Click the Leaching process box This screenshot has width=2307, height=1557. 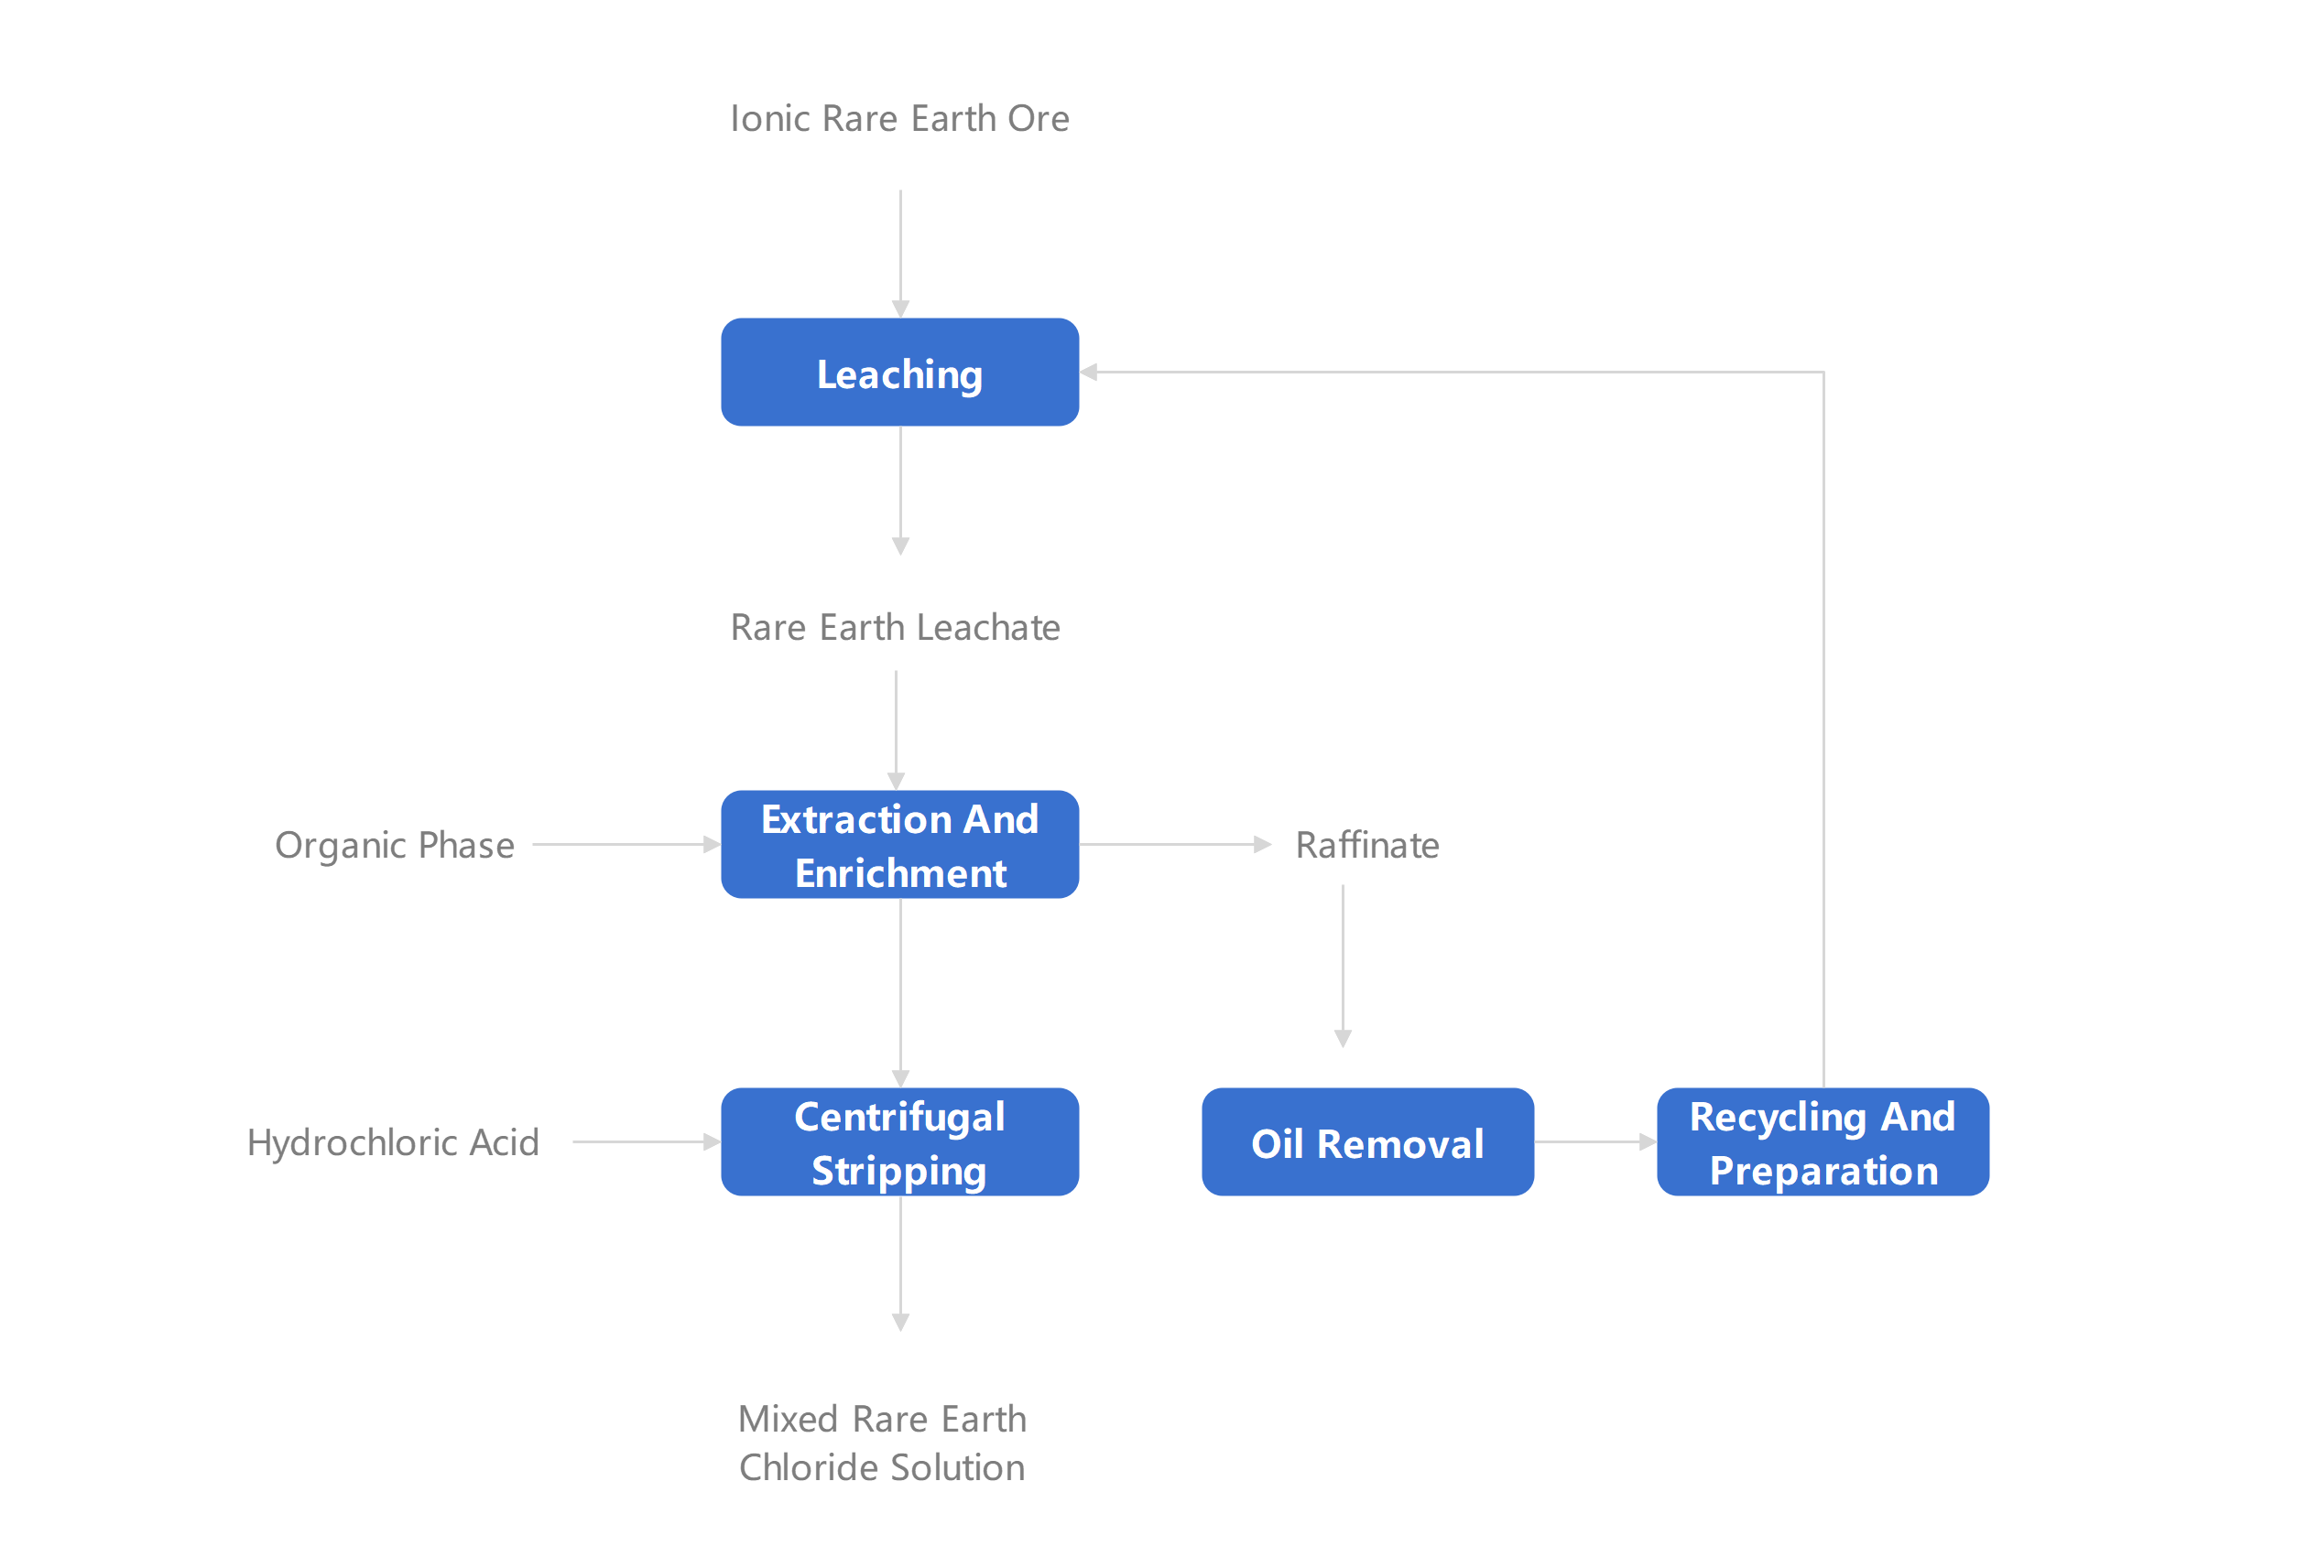pyautogui.click(x=899, y=373)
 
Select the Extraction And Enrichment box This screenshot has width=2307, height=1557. pyautogui.click(x=899, y=845)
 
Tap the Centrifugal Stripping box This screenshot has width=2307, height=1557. pyautogui.click(x=899, y=1141)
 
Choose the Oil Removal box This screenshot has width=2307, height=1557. pyautogui.click(x=1367, y=1141)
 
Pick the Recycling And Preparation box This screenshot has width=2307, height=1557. pyautogui.click(x=1823, y=1141)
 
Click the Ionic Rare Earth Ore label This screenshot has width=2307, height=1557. pyautogui.click(x=899, y=118)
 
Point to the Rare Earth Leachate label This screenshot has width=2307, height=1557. pyautogui.click(x=896, y=627)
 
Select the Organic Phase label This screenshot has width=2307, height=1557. pyautogui.click(x=395, y=846)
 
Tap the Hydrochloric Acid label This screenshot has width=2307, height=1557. pyautogui.click(x=393, y=1142)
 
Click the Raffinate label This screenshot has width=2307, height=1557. pyautogui.click(x=1367, y=845)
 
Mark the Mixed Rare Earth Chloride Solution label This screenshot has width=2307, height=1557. pyautogui.click(x=882, y=1443)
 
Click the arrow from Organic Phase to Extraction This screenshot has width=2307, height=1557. pyautogui.click(x=626, y=845)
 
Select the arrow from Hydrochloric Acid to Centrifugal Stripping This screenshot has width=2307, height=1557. pyautogui.click(x=647, y=1141)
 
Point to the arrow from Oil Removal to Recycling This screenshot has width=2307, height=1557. pyautogui.click(x=1595, y=1141)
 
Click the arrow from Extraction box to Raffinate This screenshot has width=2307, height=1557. pyautogui.click(x=1175, y=845)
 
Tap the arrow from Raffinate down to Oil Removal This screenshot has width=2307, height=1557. pyautogui.click(x=1344, y=966)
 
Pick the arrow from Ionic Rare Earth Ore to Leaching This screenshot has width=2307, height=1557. pyautogui.click(x=900, y=254)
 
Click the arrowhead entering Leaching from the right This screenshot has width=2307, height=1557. pyautogui.click(x=1089, y=373)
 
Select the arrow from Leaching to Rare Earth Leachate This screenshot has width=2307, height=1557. pyautogui.click(x=900, y=491)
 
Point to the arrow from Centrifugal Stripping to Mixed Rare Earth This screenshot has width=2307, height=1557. pyautogui.click(x=900, y=1263)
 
